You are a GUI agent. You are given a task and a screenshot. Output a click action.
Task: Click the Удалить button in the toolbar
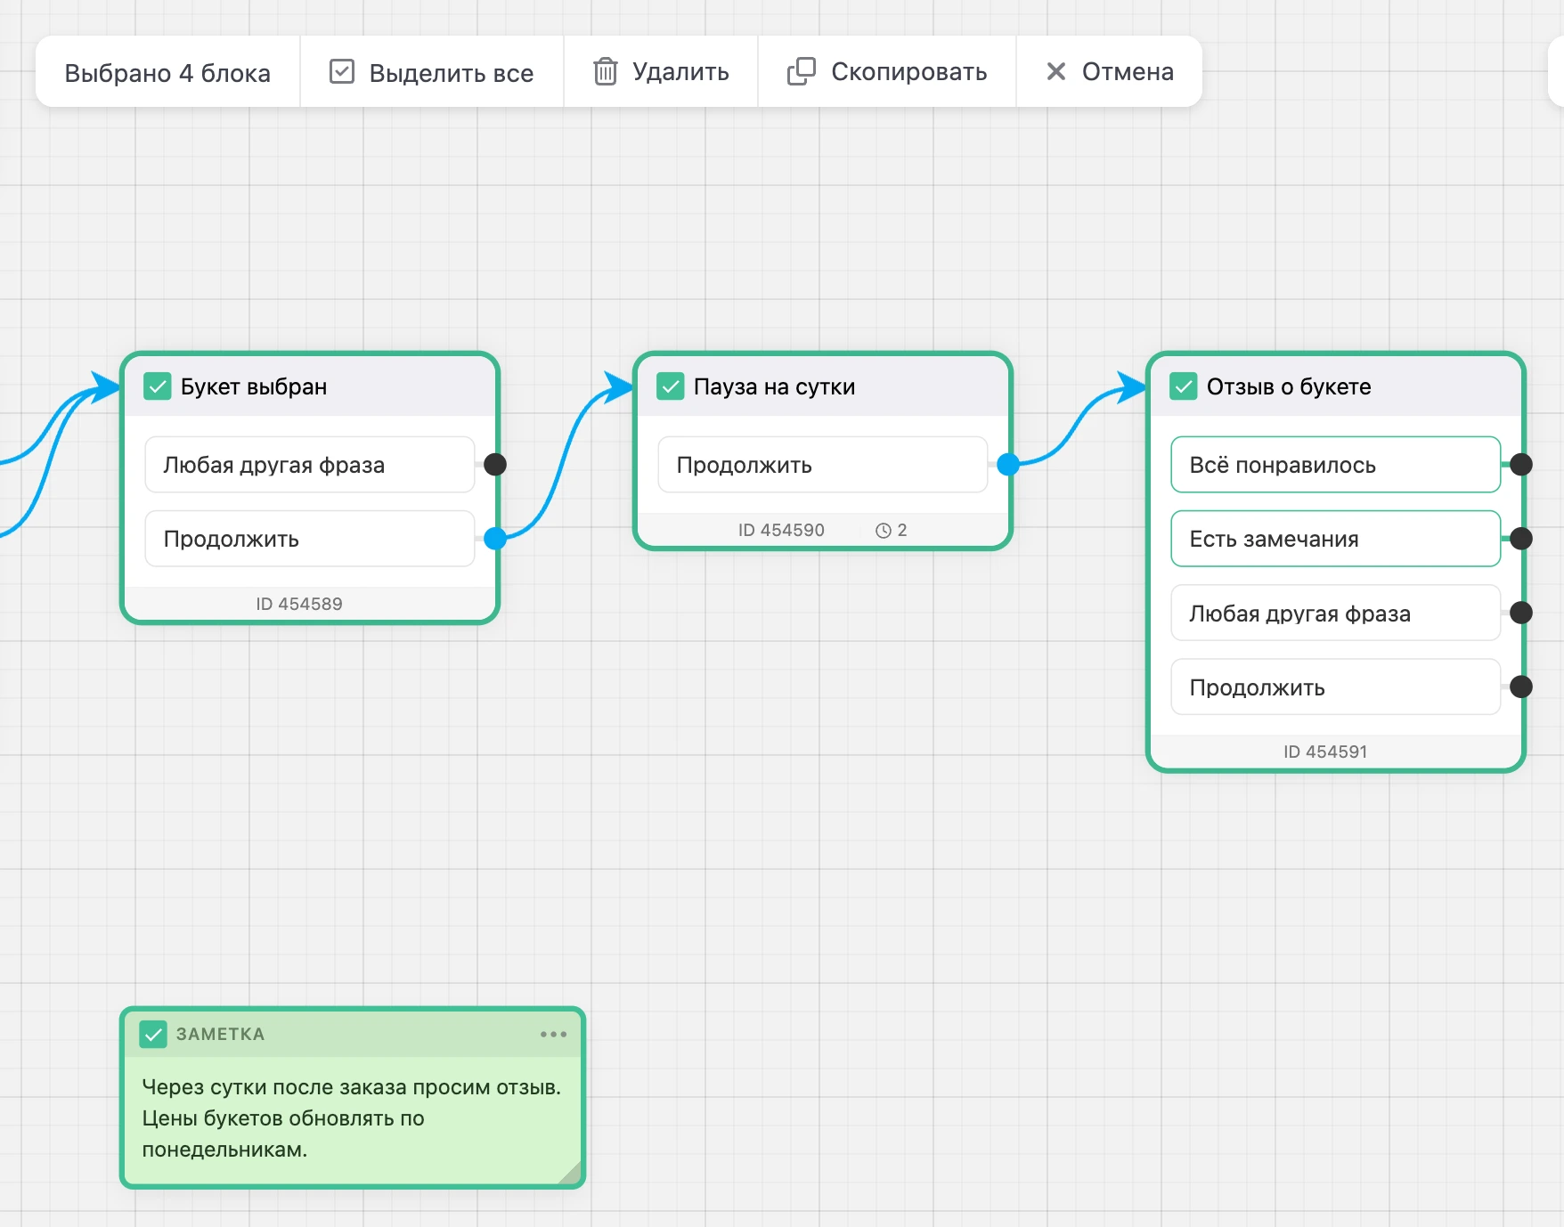tap(661, 71)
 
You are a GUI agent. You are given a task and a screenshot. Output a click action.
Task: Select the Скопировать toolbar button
tap(887, 71)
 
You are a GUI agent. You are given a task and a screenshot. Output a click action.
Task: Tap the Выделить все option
tap(432, 71)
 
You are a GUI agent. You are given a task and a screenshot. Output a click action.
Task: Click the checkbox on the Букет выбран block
tap(158, 386)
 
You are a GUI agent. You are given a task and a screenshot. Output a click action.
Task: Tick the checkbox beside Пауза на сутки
tap(671, 386)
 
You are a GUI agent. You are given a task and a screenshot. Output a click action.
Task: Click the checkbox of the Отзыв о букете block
tap(1184, 386)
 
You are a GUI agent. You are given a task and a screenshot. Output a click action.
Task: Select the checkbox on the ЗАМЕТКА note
tap(153, 1034)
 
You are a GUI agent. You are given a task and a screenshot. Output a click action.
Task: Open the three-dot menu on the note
tap(553, 1034)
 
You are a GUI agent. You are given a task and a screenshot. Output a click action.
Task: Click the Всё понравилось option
tap(1335, 464)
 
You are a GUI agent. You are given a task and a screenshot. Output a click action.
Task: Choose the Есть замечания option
tap(1335, 539)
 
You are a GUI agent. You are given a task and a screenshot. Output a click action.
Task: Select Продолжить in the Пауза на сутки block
tap(822, 464)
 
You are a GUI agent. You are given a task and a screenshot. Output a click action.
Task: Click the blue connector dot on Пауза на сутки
tap(1008, 464)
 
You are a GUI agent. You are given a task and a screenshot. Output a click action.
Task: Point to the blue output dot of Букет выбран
tap(495, 538)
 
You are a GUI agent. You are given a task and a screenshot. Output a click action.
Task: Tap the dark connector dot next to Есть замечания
tap(1521, 538)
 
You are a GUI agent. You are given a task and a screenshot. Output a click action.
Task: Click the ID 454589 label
tap(299, 604)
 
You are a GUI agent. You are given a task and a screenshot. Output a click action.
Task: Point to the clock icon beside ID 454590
tap(884, 531)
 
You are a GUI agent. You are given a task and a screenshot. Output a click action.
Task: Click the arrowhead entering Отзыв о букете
tap(1132, 387)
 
